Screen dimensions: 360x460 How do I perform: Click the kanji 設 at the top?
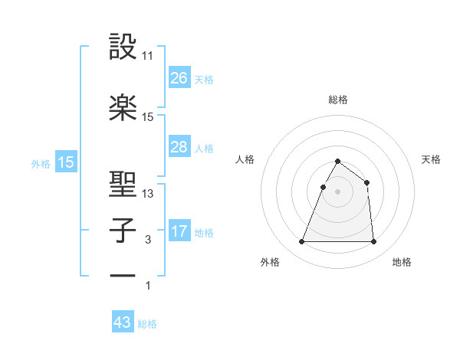tap(123, 47)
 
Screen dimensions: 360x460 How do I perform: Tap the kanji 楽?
tap(123, 108)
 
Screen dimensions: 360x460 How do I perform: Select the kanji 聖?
tap(123, 185)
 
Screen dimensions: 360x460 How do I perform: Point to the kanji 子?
tap(123, 231)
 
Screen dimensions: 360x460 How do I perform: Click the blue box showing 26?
tap(179, 78)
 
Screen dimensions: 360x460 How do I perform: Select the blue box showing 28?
tap(179, 147)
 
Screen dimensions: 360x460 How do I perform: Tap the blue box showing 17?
tap(179, 231)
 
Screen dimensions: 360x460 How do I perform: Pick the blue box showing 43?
tap(123, 322)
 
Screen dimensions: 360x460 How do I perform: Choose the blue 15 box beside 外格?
tap(65, 162)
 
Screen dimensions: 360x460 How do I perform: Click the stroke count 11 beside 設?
tap(148, 56)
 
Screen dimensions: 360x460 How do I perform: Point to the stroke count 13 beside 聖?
tap(148, 194)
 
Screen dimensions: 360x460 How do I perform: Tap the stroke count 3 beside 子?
tap(148, 240)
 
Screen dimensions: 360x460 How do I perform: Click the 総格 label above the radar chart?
tap(337, 100)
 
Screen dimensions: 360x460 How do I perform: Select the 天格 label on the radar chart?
tap(431, 159)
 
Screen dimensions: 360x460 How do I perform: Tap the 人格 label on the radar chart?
tap(245, 159)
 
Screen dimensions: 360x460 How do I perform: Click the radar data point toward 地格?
tap(373, 242)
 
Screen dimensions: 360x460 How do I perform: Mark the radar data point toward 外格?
tap(302, 242)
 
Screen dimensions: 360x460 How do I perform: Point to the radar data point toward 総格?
tap(337, 162)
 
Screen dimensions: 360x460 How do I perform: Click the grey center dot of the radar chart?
tap(337, 192)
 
